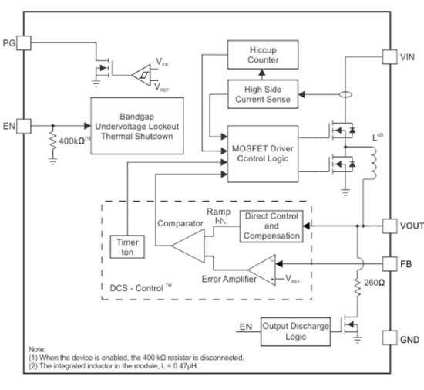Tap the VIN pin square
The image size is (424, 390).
pos(392,56)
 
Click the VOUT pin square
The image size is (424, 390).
pos(392,226)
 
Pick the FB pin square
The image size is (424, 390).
pos(392,262)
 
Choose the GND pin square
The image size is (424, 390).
pos(392,338)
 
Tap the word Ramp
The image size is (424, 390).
pos(220,211)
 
